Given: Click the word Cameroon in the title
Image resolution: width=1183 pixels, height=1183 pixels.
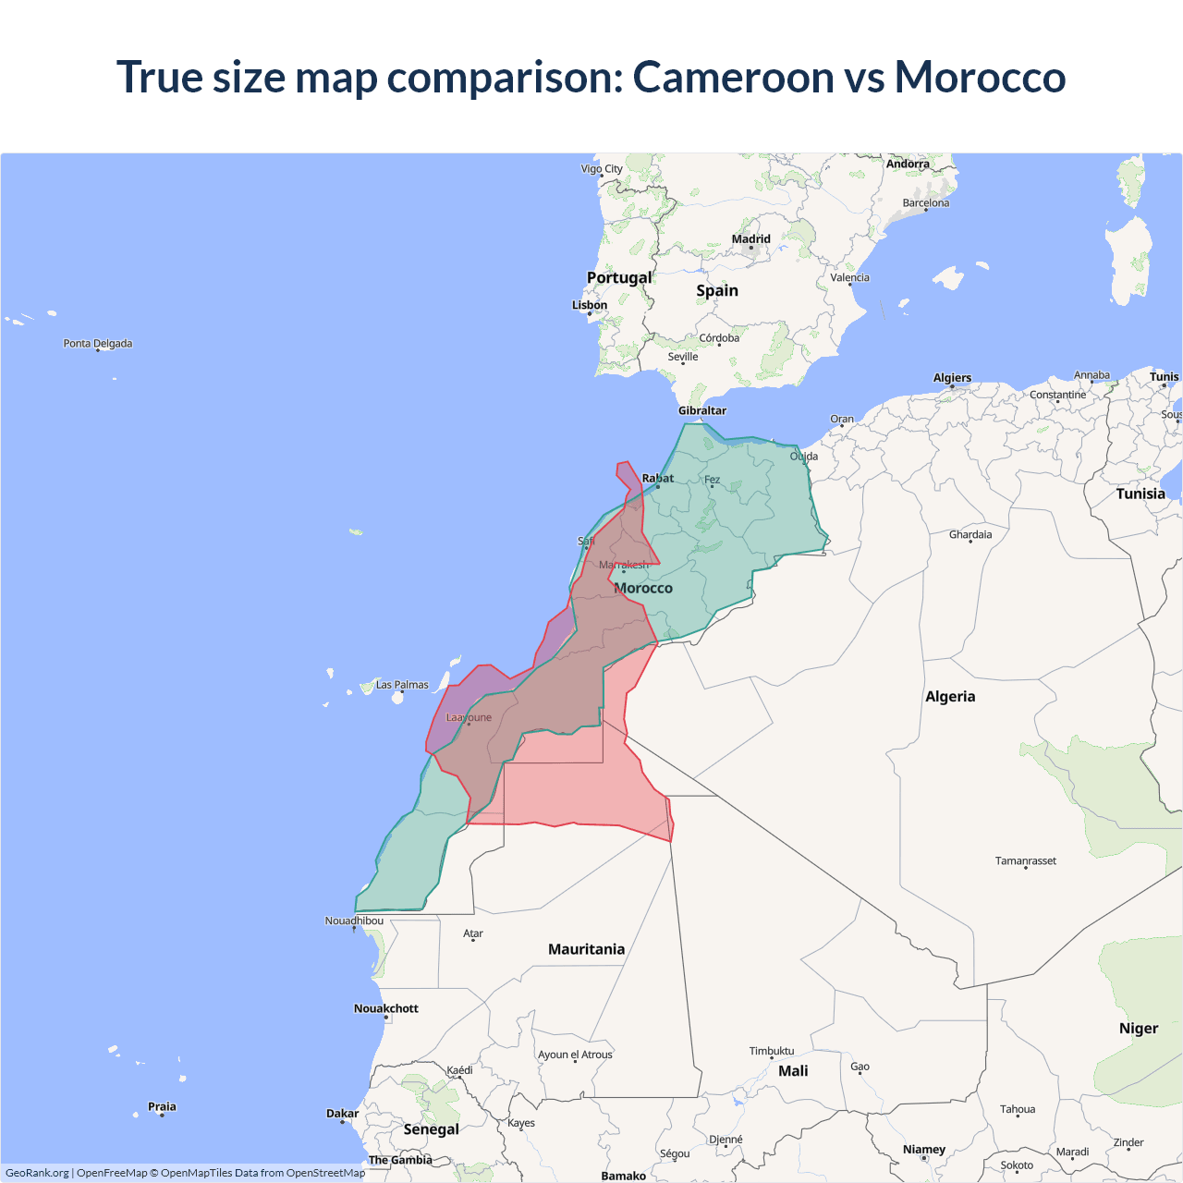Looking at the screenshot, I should pos(733,77).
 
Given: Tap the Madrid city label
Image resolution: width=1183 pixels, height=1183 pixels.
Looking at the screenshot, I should pos(750,239).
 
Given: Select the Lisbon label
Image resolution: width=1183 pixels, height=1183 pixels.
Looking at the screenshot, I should pos(590,305).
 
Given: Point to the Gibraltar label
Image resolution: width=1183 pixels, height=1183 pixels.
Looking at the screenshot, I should pos(702,410).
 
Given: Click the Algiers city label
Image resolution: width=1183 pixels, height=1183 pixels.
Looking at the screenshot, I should pos(952,378).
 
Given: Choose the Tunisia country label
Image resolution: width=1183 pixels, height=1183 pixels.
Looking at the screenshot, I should pos(1140,494).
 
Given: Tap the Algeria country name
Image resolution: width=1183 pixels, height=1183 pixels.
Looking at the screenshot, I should pos(950,697).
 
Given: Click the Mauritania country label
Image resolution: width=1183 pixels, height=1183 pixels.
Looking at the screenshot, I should pos(586,949).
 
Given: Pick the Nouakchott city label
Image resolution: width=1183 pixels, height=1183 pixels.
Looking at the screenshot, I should pos(386,1008).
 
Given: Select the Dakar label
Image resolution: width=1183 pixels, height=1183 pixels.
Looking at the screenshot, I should pos(342,1114).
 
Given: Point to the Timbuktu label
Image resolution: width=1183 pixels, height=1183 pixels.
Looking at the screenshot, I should pos(772,1051).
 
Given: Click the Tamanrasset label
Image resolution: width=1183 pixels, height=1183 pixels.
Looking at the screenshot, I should pos(1025,860).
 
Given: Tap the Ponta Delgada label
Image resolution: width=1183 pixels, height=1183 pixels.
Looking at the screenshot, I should pos(98,344).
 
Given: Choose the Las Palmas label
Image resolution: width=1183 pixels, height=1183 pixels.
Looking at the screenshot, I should pos(402,685).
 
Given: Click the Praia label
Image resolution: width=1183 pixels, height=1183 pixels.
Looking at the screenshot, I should pos(162,1106).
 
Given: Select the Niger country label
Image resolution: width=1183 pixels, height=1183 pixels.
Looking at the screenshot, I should pos(1139,1029).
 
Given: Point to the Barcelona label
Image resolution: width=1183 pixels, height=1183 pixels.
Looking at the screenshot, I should pos(926,203).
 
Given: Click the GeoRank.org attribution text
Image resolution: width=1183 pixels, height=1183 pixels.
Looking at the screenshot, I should pos(37,1173).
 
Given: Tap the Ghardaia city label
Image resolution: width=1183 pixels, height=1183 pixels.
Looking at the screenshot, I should pos(970,534).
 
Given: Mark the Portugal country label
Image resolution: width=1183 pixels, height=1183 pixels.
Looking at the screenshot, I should pos(619,277).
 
